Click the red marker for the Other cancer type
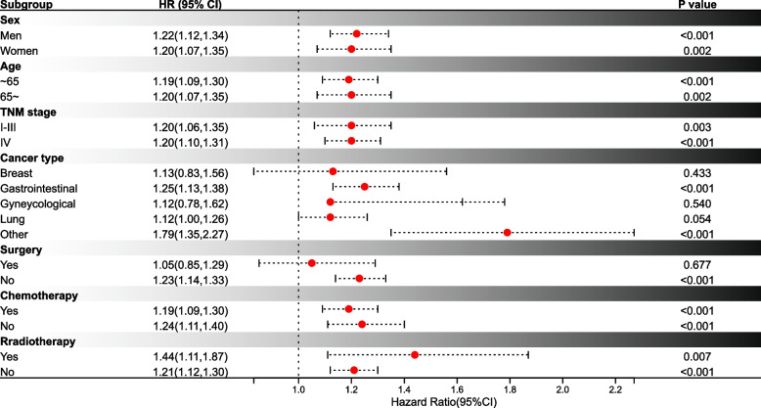(x=508, y=233)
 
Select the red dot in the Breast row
(x=333, y=171)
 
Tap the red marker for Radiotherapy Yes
(x=415, y=355)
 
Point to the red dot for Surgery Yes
(x=312, y=263)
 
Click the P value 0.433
(x=697, y=173)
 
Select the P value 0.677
(x=697, y=265)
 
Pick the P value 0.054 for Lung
(x=697, y=219)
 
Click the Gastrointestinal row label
(x=39, y=189)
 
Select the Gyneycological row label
(x=38, y=204)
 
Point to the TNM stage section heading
(x=28, y=113)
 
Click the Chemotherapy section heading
(x=39, y=295)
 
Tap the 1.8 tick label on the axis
(x=510, y=389)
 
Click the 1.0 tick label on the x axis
(x=298, y=389)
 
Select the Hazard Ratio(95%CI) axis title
(x=444, y=402)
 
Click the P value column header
(x=697, y=5)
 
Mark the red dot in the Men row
(x=356, y=33)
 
